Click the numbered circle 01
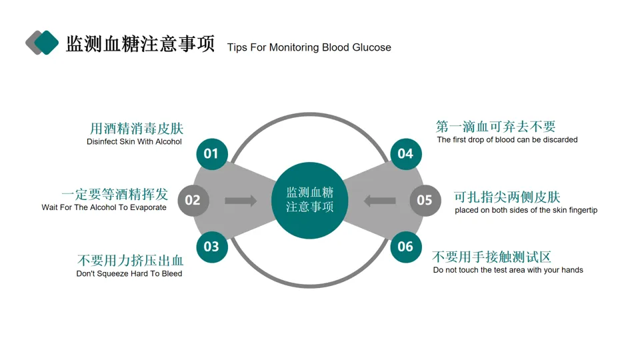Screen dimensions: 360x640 (211, 154)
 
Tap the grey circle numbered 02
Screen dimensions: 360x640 (193, 200)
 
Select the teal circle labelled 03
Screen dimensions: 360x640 (211, 247)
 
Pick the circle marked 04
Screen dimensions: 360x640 (405, 154)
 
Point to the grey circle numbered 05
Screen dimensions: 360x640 (425, 200)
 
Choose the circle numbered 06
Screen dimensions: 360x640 (405, 247)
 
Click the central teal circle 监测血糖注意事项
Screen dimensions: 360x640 (310, 200)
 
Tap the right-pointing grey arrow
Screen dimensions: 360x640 (241, 201)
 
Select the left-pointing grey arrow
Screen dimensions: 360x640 (380, 201)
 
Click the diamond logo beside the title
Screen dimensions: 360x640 (42, 43)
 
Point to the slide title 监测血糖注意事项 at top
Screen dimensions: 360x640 (140, 44)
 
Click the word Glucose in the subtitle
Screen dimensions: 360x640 (371, 48)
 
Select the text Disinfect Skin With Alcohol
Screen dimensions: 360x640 (134, 142)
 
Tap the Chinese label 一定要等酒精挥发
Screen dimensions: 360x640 (115, 194)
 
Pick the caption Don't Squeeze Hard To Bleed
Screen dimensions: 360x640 (129, 274)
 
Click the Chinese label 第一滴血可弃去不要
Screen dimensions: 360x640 (495, 127)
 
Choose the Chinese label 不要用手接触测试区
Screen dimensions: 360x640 (492, 257)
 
